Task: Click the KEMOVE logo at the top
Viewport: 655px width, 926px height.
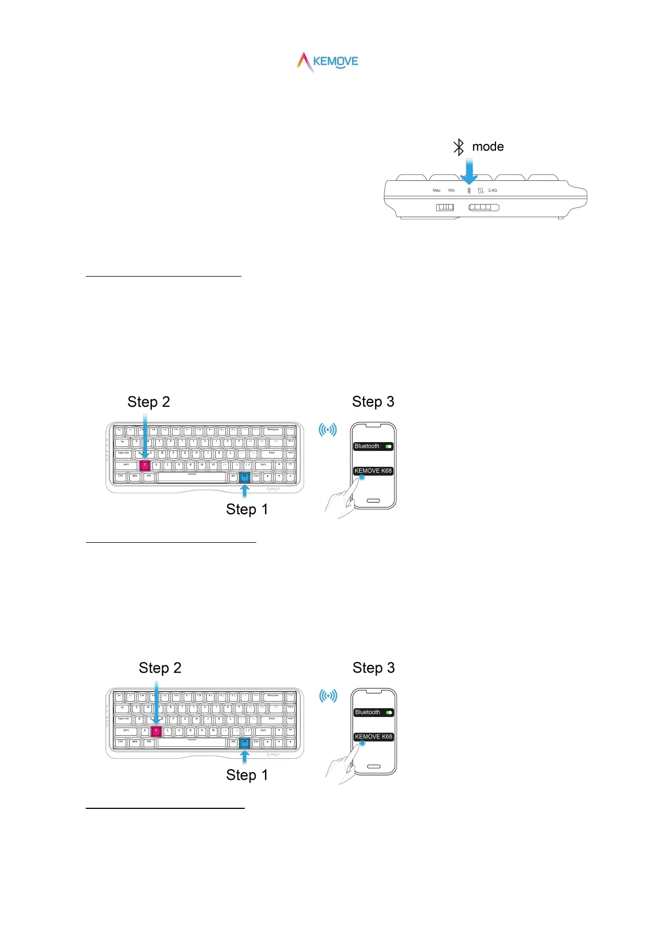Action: [328, 62]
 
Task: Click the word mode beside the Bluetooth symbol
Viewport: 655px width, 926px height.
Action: [488, 147]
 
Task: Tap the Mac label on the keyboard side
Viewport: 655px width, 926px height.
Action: [437, 190]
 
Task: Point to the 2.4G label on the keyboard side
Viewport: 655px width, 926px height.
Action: [492, 190]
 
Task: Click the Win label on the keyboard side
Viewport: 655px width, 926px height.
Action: [452, 190]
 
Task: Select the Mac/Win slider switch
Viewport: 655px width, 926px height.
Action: [445, 207]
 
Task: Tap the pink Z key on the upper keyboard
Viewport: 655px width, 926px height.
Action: [145, 465]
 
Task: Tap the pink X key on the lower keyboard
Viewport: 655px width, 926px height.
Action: [156, 731]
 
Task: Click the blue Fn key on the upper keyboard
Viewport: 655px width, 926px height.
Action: [245, 477]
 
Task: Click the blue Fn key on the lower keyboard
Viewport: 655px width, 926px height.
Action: [245, 742]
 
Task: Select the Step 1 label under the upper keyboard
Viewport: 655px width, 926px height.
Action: [247, 510]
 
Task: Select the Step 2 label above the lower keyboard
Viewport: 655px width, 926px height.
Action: [160, 668]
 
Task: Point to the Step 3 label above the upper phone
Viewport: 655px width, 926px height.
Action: [373, 402]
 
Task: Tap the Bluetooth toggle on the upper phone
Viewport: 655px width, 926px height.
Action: [389, 447]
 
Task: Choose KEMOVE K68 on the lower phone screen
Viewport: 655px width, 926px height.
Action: [373, 737]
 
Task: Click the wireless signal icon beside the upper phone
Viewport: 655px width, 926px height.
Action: [328, 429]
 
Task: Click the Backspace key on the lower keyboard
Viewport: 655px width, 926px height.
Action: [273, 696]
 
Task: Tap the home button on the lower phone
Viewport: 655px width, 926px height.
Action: [373, 767]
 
